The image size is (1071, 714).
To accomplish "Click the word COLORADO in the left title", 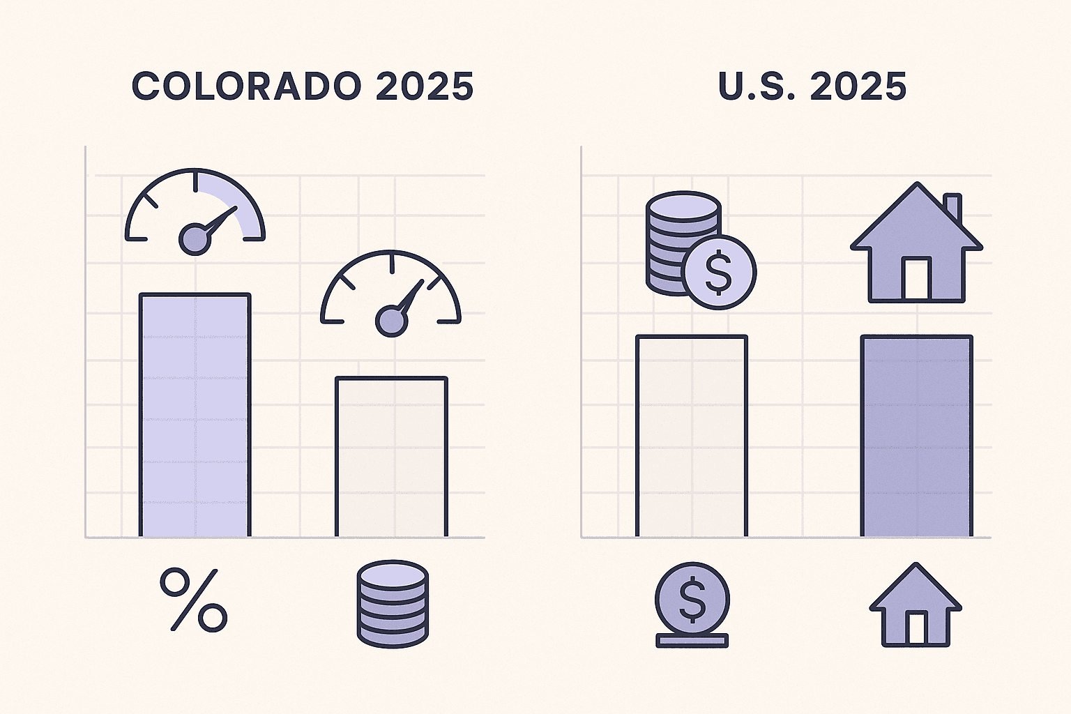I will click(246, 86).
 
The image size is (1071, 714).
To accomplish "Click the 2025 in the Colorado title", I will click(425, 86).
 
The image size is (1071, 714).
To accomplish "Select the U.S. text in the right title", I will click(758, 86).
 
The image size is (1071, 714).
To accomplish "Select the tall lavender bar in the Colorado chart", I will click(195, 416).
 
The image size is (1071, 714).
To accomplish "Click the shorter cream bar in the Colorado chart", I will click(391, 457).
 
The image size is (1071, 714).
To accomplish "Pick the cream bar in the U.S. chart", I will click(691, 436).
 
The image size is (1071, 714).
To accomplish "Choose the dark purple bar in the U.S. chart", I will click(916, 436).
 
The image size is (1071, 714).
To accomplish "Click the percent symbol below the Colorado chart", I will click(194, 600).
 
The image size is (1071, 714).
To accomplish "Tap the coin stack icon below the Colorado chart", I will click(392, 604).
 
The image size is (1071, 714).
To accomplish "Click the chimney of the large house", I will click(952, 207).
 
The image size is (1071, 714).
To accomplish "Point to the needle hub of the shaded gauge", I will click(195, 239).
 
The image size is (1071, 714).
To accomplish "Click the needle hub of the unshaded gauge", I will click(390, 321).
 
